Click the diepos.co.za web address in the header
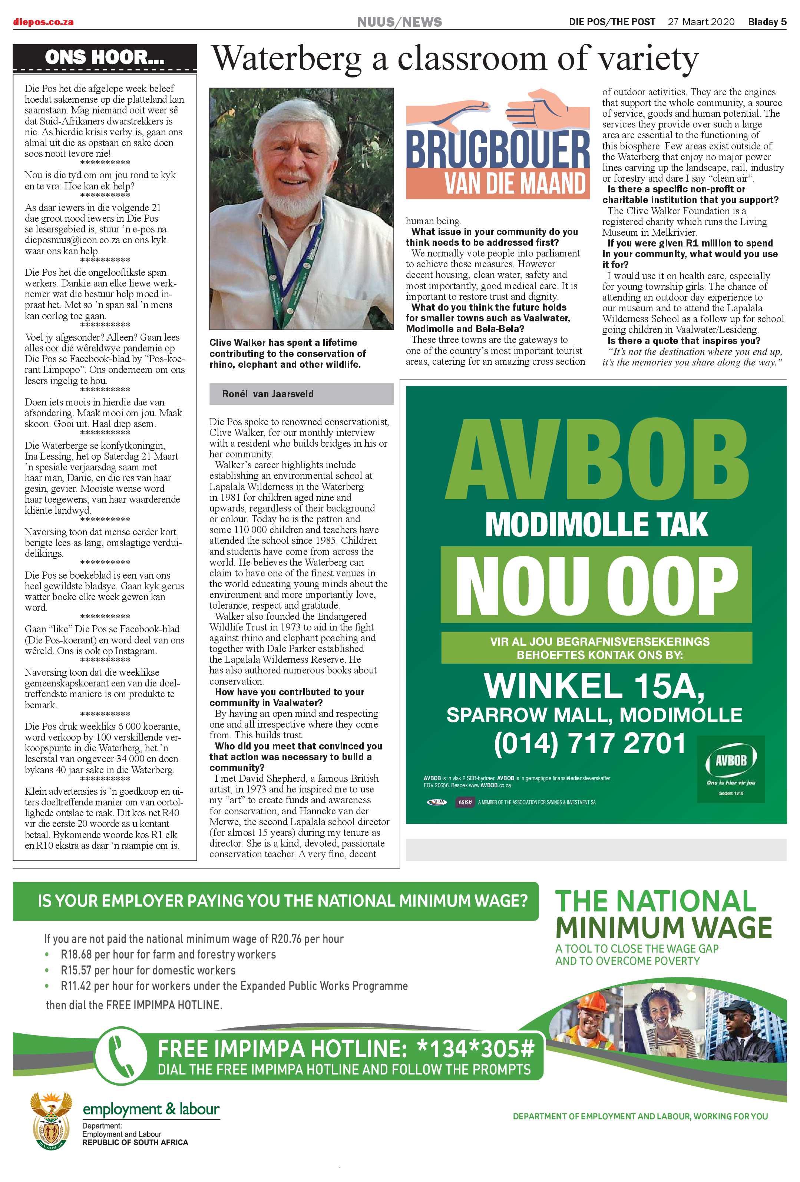click(43, 22)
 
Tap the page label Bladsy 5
click(766, 22)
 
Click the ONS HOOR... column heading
click(104, 57)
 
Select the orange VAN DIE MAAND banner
click(497, 183)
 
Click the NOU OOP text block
click(596, 585)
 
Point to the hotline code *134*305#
click(475, 1049)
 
